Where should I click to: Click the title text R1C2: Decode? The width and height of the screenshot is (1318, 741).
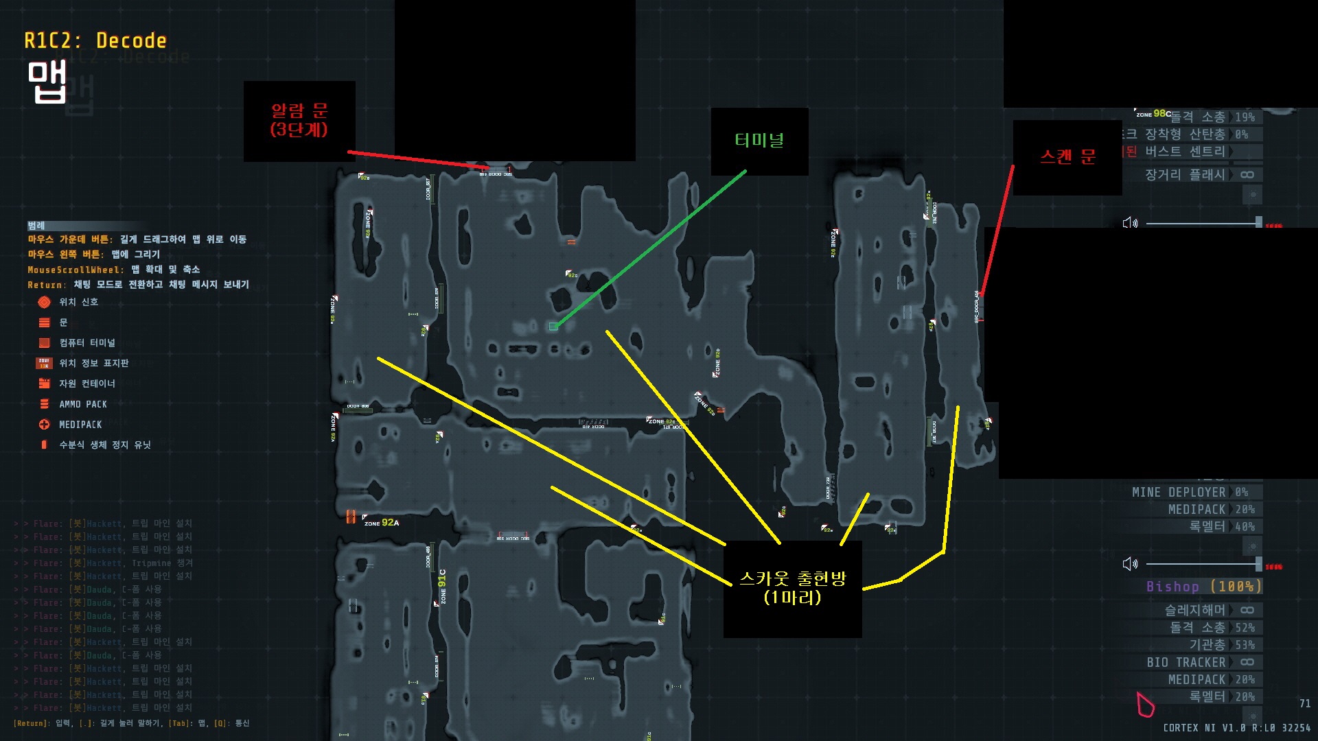click(95, 41)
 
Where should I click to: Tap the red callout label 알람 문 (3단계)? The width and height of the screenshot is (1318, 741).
click(299, 120)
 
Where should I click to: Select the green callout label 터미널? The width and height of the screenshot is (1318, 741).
click(759, 141)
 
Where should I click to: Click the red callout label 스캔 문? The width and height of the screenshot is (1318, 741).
click(1067, 157)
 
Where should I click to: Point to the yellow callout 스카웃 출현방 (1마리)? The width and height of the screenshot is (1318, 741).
click(792, 588)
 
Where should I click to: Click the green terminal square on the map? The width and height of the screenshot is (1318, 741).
click(553, 327)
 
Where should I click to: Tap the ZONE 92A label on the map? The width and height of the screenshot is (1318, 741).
click(382, 523)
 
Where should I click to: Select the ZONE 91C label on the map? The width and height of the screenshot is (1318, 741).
click(443, 587)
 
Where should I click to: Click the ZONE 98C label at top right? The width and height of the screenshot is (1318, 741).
click(1153, 114)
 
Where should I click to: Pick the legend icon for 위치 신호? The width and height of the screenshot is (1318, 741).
click(44, 302)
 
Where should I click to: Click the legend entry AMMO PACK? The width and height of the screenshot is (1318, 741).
click(82, 404)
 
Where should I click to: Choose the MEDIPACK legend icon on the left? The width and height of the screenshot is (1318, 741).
click(44, 425)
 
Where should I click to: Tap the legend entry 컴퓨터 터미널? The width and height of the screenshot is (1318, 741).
click(86, 342)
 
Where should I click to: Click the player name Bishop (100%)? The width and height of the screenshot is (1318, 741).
click(1203, 587)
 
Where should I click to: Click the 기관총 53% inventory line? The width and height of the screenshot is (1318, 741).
click(1221, 645)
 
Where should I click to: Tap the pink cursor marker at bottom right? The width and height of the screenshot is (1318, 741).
click(1144, 705)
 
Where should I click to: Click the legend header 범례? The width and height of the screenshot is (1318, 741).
click(36, 226)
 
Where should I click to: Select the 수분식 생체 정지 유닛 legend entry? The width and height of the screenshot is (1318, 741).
click(104, 445)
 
